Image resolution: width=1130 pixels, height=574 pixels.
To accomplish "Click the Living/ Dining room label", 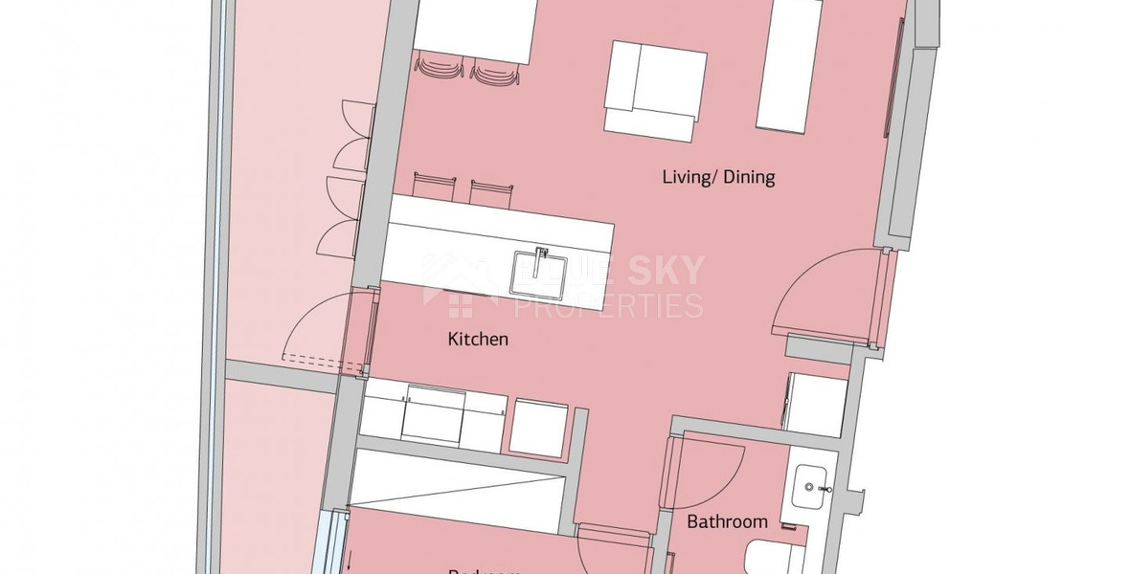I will tap(718, 177).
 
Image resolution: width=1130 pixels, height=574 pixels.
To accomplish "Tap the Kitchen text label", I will tap(478, 340).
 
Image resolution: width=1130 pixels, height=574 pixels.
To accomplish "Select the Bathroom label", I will tap(728, 521).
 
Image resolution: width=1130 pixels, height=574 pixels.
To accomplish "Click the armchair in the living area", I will tap(655, 87).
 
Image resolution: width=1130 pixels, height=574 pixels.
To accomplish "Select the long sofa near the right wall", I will tap(789, 65).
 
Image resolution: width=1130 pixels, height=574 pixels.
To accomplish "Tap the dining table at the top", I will tap(474, 29).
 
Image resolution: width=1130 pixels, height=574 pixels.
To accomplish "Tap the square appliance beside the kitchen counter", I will tap(538, 426).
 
